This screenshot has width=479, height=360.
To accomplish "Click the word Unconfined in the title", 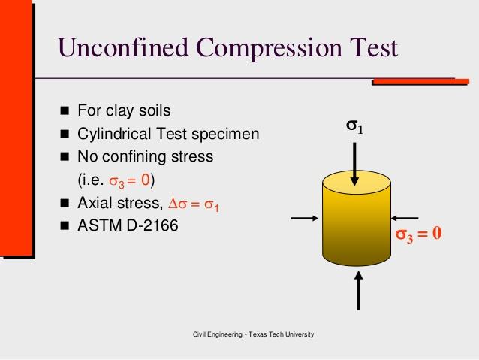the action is coord(123,47).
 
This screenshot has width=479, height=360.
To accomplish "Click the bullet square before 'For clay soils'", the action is coord(65,110).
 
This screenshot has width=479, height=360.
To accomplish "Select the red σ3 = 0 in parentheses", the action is coord(129,180).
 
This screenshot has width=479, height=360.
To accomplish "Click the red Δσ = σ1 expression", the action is coord(194,204).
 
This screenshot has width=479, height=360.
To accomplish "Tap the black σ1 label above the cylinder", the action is coord(354,126).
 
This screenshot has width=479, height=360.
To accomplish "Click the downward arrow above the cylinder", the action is coord(354,165).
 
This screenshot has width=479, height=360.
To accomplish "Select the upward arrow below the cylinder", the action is coord(359,291).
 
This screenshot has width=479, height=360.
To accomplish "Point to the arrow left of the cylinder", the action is coord(305,218).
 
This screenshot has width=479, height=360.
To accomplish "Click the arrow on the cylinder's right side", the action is coord(405,218).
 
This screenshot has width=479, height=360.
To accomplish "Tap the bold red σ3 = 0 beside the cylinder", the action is coord(418,234).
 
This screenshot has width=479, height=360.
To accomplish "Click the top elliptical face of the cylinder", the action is coord(357,183).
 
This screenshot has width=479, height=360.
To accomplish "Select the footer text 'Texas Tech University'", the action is coord(282,334).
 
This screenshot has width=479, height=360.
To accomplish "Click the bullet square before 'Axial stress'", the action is coord(65,203).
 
